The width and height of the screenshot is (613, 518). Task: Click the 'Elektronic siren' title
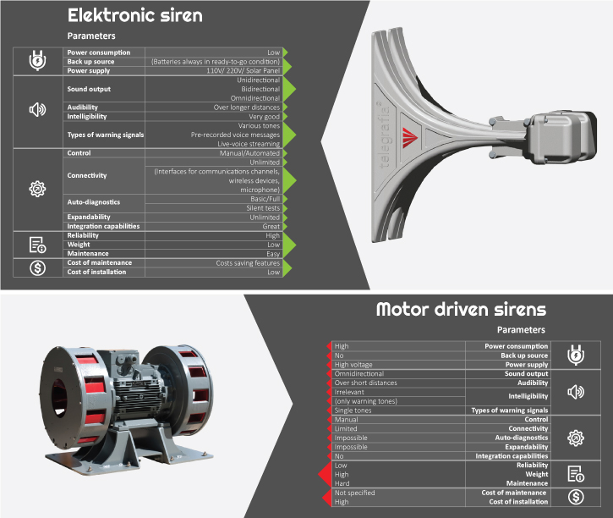tap(135, 15)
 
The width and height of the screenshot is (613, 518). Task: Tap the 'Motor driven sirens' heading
tap(461, 309)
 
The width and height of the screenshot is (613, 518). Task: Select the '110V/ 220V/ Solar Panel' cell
tap(244, 71)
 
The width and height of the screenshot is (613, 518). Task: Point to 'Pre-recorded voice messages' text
tap(235, 135)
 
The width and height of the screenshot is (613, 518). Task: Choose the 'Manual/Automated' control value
tap(249, 153)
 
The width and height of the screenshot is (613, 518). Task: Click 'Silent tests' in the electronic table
tap(263, 208)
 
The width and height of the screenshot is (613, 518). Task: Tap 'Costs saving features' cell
tap(248, 263)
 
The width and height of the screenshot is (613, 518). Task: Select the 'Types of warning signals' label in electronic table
tap(106, 135)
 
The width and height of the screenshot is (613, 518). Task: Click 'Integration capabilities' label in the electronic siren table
tap(103, 226)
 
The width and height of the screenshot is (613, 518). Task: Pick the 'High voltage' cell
tap(353, 365)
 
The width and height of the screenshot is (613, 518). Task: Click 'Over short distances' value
tap(365, 383)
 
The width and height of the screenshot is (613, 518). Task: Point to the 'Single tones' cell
tap(353, 411)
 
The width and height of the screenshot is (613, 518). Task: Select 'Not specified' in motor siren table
tap(354, 493)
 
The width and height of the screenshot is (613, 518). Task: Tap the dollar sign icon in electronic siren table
tap(37, 268)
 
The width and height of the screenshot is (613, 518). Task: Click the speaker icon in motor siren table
tap(576, 392)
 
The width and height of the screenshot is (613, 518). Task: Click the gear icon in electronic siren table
tap(37, 189)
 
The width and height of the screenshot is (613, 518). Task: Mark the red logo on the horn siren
tap(410, 138)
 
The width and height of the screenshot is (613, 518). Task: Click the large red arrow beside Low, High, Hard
tap(325, 474)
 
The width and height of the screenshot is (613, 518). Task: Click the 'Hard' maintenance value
tap(342, 483)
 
